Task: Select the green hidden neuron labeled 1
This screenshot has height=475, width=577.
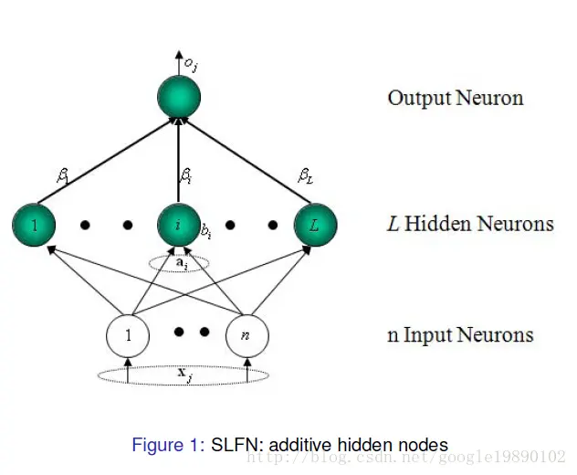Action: (34, 225)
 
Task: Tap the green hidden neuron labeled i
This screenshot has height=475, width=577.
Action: (178, 225)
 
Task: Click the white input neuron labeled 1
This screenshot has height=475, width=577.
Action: (129, 335)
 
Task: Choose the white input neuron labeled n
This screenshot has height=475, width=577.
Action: (247, 335)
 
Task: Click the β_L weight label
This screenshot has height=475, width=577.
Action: (306, 174)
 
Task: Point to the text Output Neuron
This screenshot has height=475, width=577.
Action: (455, 98)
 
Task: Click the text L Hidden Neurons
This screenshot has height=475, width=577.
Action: (470, 224)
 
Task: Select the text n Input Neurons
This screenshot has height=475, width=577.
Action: (460, 335)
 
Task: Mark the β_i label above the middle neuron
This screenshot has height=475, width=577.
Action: (185, 174)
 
